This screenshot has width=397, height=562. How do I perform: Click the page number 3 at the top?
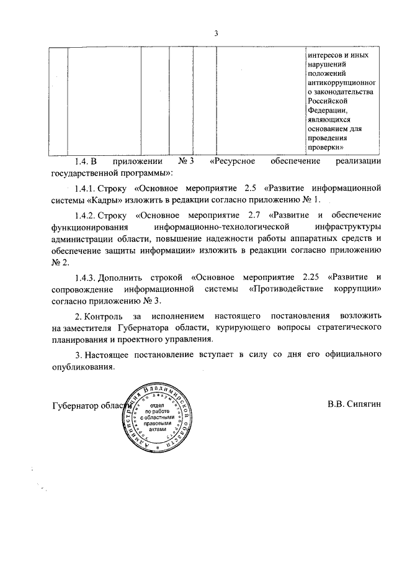click(216, 33)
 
